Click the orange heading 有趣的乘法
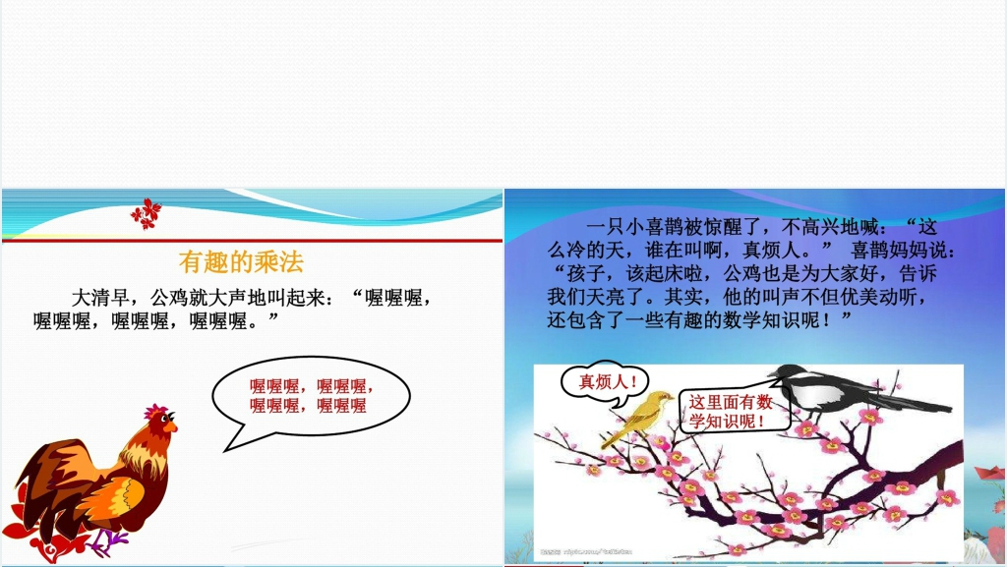(241, 261)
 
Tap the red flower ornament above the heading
(147, 213)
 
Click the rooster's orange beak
(173, 426)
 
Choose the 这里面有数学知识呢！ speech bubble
(729, 411)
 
